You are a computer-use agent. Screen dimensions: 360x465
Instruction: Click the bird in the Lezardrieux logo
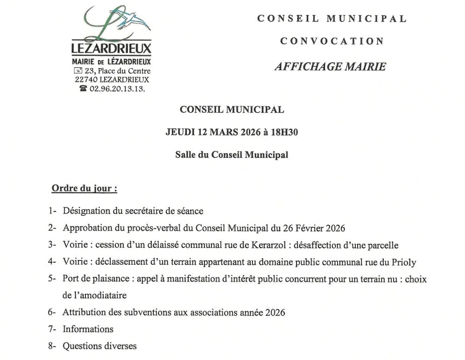[x=135, y=21]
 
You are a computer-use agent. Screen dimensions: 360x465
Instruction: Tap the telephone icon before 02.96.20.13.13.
[x=83, y=88]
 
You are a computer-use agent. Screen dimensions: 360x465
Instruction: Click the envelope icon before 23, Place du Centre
[x=77, y=71]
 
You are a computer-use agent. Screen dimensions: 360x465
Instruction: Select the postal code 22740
[x=86, y=79]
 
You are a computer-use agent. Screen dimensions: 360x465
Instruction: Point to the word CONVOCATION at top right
[x=331, y=41]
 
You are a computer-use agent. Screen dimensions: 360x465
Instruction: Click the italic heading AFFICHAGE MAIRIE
[x=330, y=66]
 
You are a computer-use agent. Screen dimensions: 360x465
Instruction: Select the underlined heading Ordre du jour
[x=84, y=189]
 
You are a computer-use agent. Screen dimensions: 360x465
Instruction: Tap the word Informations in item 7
[x=88, y=329]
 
